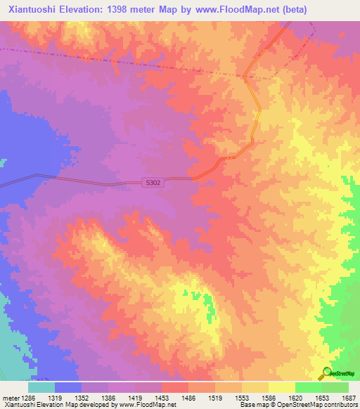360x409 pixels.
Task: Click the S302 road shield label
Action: [x=153, y=182]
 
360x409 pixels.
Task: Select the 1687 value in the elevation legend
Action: [x=349, y=397]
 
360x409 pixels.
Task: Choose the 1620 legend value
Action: [x=301, y=397]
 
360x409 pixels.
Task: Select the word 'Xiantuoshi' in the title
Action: [x=30, y=8]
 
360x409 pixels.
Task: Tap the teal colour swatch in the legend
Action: [x=41, y=387]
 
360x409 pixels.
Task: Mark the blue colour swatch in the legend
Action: [x=68, y=387]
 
